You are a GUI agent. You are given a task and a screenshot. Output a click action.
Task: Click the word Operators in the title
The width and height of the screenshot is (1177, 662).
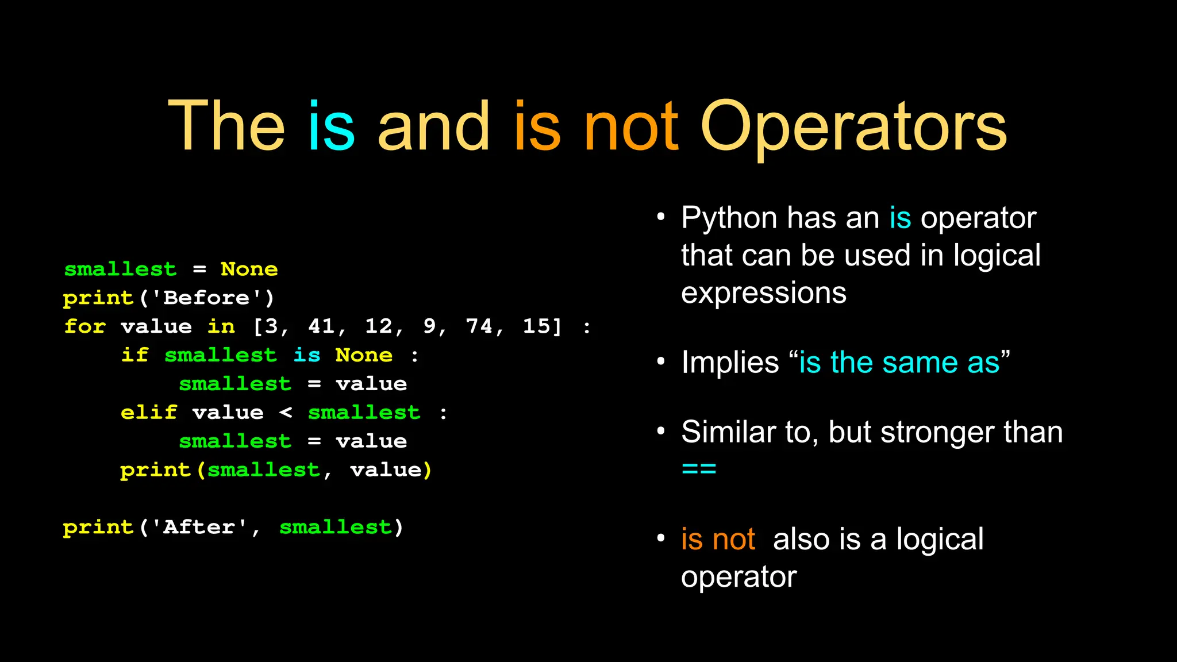pos(853,128)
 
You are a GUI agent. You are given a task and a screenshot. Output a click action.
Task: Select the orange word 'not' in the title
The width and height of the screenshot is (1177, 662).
pos(631,128)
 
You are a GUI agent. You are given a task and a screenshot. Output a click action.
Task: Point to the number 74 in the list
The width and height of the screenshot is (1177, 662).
pos(479,326)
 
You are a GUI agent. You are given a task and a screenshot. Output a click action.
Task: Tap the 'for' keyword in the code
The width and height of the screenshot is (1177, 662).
pos(85,326)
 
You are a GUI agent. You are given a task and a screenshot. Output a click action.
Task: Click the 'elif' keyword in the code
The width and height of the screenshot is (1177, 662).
pos(149,413)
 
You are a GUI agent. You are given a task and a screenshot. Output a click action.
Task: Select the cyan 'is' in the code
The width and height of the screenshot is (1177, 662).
pos(307,355)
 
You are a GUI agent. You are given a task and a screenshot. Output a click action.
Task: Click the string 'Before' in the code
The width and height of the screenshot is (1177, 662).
pos(206,298)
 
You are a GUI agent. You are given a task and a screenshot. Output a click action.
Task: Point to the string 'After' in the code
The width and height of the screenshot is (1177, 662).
pos(199,527)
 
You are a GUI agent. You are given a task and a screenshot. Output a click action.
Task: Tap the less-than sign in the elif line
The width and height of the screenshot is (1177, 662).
pos(286,413)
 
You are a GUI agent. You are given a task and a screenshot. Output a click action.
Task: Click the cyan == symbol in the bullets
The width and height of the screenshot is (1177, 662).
pos(699,469)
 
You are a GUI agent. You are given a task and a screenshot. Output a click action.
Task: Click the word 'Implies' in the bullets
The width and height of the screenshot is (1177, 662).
pos(730,363)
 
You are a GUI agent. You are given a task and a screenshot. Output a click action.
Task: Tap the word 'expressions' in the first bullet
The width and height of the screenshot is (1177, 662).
pos(763,293)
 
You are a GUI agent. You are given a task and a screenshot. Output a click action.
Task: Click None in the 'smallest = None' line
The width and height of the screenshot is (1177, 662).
pos(249,269)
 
